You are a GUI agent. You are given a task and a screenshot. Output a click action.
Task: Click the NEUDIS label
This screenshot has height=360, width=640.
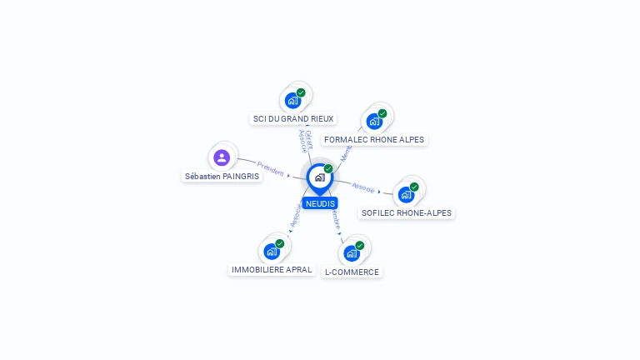tap(320, 203)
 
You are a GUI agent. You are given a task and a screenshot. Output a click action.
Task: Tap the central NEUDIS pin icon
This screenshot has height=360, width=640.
tap(319, 177)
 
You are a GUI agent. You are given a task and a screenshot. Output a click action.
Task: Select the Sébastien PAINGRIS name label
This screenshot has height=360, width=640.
tap(222, 176)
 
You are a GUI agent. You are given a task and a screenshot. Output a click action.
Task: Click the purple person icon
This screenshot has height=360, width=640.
tap(221, 157)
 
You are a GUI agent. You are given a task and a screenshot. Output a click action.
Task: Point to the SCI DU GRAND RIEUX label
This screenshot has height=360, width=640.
tap(292, 119)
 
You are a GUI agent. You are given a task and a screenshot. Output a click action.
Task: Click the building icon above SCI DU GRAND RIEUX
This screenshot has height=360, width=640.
tap(292, 100)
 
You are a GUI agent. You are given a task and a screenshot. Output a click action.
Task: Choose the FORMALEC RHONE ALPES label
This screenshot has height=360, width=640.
tap(374, 139)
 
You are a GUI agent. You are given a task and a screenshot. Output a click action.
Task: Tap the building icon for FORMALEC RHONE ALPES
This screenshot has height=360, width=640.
tap(374, 121)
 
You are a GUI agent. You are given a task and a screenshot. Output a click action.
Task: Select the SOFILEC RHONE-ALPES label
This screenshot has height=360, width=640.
tap(407, 212)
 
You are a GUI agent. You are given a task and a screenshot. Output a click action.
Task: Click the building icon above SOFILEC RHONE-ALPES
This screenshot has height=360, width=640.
tap(406, 194)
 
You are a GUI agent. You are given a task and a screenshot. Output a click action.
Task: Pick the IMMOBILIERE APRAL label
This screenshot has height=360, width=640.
tap(272, 269)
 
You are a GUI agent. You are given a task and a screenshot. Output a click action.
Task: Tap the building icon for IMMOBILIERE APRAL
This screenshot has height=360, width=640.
tap(272, 251)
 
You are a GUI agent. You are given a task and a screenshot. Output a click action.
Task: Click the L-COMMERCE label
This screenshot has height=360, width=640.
tap(352, 272)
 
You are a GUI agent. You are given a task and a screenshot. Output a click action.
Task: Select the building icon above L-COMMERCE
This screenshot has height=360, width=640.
tap(352, 252)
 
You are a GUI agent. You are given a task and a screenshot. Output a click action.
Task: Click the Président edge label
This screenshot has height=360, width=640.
tap(271, 168)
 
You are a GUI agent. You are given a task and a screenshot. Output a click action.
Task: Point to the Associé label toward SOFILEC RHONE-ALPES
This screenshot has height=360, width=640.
tap(363, 187)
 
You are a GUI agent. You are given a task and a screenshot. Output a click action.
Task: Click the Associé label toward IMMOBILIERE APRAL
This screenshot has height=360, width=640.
tap(295, 215)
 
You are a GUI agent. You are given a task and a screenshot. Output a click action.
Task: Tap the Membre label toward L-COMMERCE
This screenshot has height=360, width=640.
tap(335, 219)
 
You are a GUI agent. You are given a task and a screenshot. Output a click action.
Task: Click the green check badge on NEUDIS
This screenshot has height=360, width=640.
tap(328, 169)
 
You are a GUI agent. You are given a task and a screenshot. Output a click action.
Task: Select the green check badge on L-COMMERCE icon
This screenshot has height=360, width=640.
tap(360, 245)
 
